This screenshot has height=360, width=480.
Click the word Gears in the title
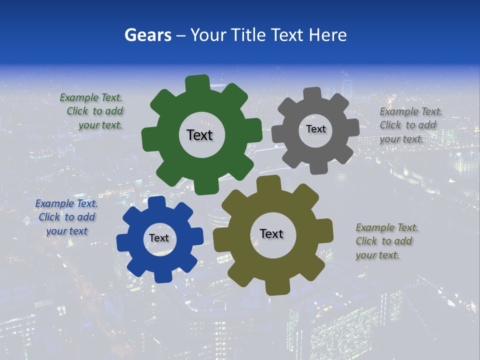148,35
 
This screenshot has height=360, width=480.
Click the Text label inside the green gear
199,135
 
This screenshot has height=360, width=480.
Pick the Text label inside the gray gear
315,129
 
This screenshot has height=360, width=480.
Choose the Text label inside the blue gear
159,238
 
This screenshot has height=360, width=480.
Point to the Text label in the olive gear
271,233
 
